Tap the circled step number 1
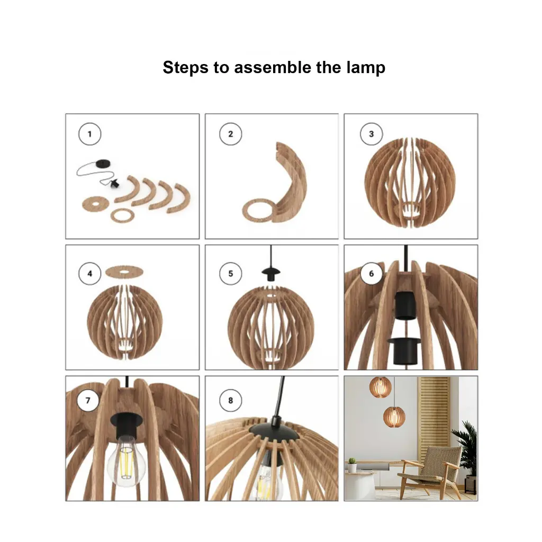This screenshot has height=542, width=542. pos(90,134)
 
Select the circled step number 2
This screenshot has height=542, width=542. pos(231,134)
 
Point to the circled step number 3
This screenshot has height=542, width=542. pos(371,134)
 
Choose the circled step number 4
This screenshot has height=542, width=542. pos(90,274)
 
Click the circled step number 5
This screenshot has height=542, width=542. pos(231,274)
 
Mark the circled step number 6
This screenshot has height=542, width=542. pos(371,274)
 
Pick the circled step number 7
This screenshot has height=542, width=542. pos(88,400)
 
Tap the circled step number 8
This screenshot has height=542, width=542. pos(231,400)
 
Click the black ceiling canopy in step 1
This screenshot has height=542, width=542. pos(103,163)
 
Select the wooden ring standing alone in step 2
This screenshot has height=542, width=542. pos(258,211)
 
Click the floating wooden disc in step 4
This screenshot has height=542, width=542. pos(124,272)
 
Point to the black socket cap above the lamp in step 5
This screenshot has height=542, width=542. pos(271,274)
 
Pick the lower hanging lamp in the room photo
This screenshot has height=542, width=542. pos(394,417)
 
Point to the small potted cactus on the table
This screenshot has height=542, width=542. pos(352,465)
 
